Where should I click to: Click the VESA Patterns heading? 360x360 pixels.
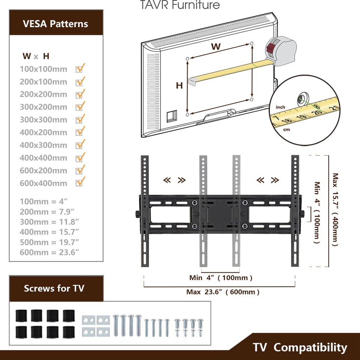point(55,24)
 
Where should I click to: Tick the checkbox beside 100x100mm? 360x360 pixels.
point(79,69)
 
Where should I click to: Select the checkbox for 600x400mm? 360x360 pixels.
point(79,183)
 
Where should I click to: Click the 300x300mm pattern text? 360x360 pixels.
point(43,120)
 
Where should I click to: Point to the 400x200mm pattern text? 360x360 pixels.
point(43,132)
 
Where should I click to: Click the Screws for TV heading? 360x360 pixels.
point(54,288)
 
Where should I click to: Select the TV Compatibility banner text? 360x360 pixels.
point(300,347)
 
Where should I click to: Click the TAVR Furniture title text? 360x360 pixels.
point(180,5)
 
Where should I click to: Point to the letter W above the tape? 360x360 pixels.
point(215,47)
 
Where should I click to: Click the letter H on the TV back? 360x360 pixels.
point(180,85)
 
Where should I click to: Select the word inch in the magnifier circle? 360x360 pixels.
point(280,107)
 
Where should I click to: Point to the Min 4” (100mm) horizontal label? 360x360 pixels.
point(220,278)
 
